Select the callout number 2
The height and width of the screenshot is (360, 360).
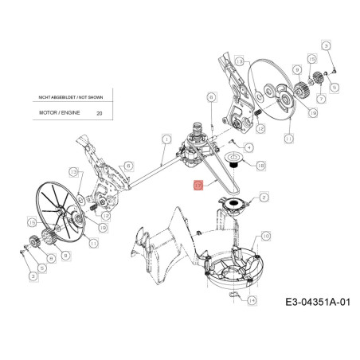pyautogui.click(x=264, y=194)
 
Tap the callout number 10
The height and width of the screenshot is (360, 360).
pyautogui.click(x=265, y=235)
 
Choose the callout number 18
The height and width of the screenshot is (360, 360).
pyautogui.click(x=261, y=165)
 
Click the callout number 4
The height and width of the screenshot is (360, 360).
pyautogui.click(x=249, y=147)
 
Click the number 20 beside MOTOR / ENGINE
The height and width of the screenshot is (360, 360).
pyautogui.click(x=98, y=114)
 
